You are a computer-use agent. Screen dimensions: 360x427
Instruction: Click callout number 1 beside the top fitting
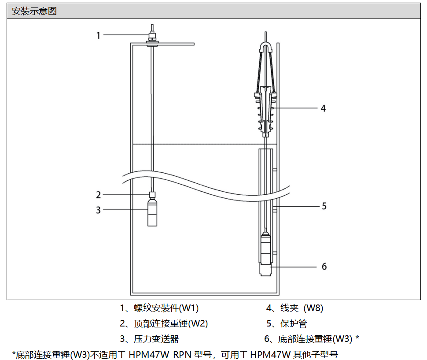(99, 35)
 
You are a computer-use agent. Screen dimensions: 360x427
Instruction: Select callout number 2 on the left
(99, 195)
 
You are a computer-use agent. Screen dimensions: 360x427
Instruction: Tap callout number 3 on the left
(99, 210)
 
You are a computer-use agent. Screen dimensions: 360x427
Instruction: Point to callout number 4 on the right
(323, 108)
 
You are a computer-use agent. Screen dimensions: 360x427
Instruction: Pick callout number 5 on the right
(324, 206)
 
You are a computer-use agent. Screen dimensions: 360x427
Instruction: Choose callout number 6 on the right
(324, 267)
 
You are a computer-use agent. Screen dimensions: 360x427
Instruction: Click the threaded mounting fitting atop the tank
(152, 37)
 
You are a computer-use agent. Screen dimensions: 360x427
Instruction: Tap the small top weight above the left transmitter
(152, 195)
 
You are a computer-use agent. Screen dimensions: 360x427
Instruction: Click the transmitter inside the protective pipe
(265, 249)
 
